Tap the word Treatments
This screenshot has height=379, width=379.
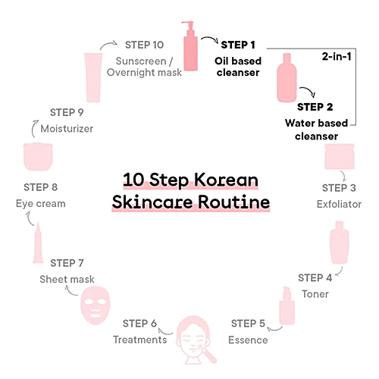140,340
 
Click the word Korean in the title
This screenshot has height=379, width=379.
227,182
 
